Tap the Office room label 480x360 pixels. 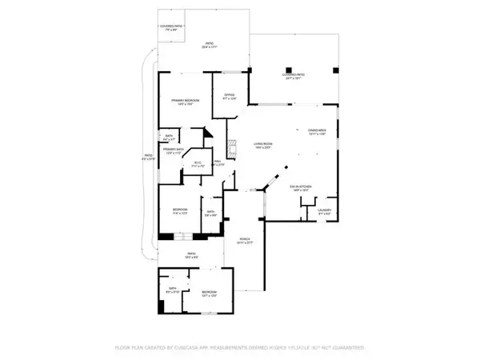228,97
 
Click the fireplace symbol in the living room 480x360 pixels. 233,148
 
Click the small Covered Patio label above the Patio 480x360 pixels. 173,28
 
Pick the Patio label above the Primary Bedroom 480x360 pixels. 210,46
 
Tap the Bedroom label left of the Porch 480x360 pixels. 179,212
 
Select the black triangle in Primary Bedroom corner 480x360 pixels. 206,135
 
